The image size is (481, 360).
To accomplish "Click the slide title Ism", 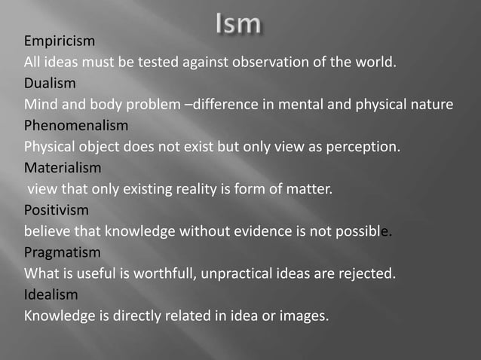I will coord(238,24).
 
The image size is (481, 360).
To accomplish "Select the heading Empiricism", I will coord(60,41).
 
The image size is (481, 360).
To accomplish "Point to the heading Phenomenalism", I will coord(76,125).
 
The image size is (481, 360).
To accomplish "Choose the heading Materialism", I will coord(63,167).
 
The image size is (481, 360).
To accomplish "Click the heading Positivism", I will coord(57,209).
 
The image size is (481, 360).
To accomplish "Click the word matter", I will coord(311,188).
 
